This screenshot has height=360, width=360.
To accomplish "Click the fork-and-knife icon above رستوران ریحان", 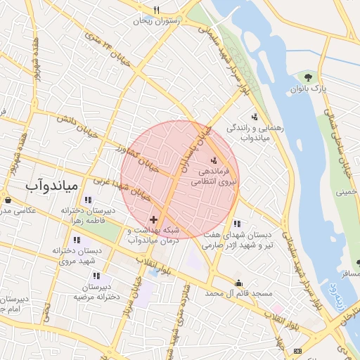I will click(x=157, y=10).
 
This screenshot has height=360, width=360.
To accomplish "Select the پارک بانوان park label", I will click(x=309, y=89).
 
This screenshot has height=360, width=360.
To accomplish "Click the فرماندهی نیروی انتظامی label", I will click(x=214, y=176).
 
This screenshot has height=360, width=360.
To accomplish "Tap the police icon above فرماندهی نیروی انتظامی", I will click(x=214, y=161).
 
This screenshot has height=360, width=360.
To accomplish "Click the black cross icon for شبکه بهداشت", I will click(x=154, y=220).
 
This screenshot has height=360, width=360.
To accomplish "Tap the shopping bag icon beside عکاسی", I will click(x=7, y=200).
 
